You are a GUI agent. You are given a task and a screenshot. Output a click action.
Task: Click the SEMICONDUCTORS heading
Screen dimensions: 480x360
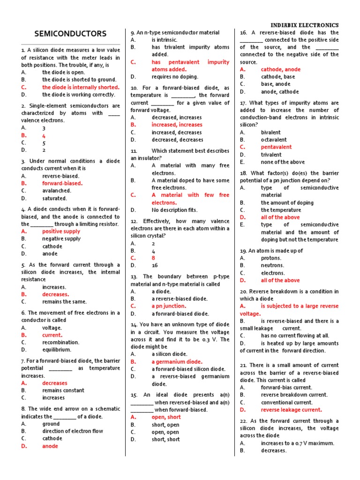[71, 34]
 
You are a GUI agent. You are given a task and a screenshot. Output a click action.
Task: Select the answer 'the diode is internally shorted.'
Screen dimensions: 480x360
[81, 87]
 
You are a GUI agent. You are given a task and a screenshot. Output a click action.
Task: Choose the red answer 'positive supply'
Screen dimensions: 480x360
[61, 231]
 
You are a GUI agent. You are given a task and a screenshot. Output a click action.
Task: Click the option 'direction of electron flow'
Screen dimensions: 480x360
[73, 431]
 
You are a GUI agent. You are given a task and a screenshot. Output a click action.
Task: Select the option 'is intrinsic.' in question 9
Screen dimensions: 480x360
[165, 40]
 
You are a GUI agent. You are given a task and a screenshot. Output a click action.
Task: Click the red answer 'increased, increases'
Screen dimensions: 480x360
[177, 125]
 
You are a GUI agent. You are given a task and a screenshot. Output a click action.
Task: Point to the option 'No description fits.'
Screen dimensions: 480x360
[174, 210]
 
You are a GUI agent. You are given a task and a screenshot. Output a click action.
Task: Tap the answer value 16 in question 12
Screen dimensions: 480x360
[155, 265]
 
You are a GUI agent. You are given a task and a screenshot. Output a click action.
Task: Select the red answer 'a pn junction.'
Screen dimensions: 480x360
[169, 306]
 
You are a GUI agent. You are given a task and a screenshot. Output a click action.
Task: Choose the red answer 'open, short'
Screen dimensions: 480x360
[166, 417]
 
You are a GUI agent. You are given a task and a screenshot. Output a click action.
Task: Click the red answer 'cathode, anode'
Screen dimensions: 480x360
[281, 69]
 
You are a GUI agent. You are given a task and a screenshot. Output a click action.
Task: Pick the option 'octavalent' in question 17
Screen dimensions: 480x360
[274, 140]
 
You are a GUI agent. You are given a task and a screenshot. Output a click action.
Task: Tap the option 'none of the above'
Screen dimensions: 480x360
[283, 162]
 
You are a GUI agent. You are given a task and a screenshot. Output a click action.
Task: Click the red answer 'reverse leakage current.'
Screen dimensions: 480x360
[292, 410]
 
